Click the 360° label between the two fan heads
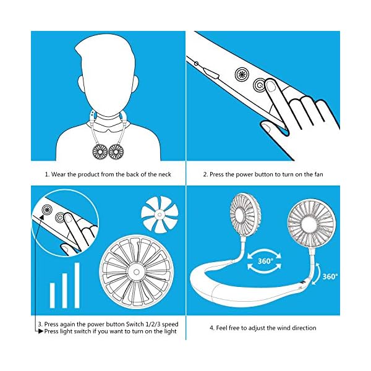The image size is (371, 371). coord(265,261)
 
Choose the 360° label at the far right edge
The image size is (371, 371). coord(330,276)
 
